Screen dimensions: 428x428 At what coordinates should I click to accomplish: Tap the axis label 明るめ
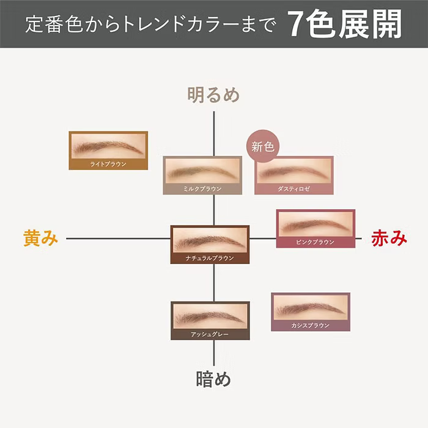coord(213,95)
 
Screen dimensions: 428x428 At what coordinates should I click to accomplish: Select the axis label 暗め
coord(213,379)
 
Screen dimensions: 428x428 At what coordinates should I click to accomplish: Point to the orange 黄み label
coord(41,238)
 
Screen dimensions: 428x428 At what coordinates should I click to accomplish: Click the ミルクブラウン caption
coord(202,189)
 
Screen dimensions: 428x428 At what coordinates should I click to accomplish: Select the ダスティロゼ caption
coord(293,189)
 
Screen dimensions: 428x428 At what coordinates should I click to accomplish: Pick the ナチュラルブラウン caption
coord(210,258)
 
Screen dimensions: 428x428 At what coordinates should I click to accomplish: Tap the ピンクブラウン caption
coord(315,242)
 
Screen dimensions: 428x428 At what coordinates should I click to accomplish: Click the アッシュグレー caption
coord(210,334)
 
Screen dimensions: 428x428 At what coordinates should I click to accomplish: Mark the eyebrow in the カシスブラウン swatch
coord(309,308)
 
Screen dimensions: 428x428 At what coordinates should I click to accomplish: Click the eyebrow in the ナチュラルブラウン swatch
coord(209,240)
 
